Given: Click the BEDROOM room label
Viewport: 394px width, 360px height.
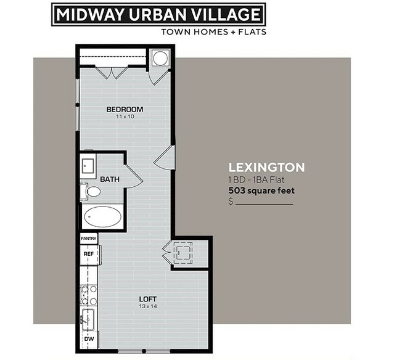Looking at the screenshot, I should (125, 110).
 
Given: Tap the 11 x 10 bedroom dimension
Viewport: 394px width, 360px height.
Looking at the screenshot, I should (125, 117).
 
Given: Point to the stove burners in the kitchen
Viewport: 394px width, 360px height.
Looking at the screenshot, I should (89, 292).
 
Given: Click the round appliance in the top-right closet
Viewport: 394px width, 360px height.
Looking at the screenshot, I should (160, 59).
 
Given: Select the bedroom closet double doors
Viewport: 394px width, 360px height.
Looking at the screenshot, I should (111, 72).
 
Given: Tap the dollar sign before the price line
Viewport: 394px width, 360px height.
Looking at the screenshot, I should (231, 201).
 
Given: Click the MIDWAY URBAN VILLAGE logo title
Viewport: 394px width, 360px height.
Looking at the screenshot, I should (158, 14).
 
